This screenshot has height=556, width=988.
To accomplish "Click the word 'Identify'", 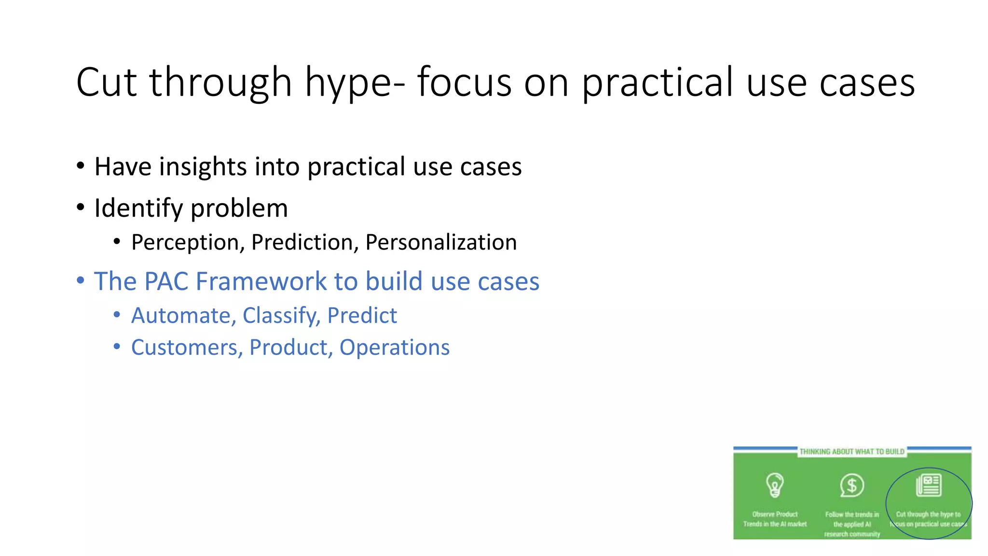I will point(138,208).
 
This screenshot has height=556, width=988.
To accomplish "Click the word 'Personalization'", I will point(441,242).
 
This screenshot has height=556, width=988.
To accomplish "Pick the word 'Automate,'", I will point(184,316).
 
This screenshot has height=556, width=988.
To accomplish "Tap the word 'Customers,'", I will point(187,347).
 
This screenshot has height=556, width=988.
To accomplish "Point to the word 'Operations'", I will point(394,347).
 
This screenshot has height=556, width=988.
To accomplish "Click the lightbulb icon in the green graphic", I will point(775,485).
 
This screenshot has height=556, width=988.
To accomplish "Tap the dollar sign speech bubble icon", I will point(851,485).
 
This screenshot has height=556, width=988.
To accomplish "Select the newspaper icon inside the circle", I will point(929,485).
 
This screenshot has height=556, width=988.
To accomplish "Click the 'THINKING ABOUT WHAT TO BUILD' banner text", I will point(852,452).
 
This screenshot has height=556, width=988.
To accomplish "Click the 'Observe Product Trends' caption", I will point(775,519).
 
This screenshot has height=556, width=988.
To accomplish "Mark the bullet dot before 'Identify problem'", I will point(81,208).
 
